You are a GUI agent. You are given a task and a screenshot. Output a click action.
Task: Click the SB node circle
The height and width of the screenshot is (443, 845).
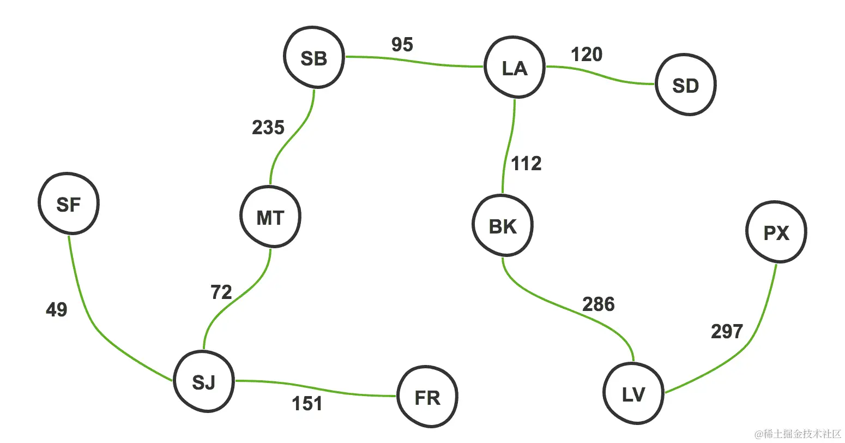(x=313, y=57)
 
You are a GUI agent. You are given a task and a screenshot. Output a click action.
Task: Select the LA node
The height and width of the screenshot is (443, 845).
(x=514, y=68)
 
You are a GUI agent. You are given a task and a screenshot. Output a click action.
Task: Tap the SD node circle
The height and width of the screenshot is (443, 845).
(x=685, y=86)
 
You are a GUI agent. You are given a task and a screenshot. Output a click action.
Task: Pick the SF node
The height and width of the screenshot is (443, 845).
(x=69, y=204)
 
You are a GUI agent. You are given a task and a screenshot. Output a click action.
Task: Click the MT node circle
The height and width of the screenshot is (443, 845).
(x=270, y=218)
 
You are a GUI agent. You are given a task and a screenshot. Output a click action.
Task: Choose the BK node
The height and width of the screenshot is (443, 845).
(x=502, y=226)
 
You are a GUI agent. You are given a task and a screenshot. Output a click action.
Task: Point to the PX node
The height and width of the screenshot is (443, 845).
(x=776, y=233)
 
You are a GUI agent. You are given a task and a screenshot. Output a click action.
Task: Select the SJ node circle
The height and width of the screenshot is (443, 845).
(x=204, y=382)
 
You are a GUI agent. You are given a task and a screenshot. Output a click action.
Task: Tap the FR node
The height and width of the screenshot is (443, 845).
(x=427, y=398)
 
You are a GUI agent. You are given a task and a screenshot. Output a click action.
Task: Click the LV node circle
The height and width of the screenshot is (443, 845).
(x=633, y=394)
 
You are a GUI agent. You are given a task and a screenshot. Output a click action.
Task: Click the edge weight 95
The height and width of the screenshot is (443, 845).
(x=402, y=45)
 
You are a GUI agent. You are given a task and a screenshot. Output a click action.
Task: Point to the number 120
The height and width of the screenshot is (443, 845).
(x=587, y=55)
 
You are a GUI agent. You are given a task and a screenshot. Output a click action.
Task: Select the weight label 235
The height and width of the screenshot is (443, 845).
(x=268, y=128)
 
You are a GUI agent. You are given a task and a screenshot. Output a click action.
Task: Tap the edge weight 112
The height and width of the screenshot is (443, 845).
(x=526, y=164)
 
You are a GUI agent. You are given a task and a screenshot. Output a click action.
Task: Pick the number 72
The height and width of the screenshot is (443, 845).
(x=221, y=292)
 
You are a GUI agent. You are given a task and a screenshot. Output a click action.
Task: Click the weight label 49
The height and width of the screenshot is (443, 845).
(x=57, y=310)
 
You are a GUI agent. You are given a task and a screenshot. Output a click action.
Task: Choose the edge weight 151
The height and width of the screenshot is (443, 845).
(x=307, y=404)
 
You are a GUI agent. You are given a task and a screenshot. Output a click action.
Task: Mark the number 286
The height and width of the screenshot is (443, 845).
(x=599, y=304)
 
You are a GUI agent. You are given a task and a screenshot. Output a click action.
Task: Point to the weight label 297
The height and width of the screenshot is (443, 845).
(x=727, y=331)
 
